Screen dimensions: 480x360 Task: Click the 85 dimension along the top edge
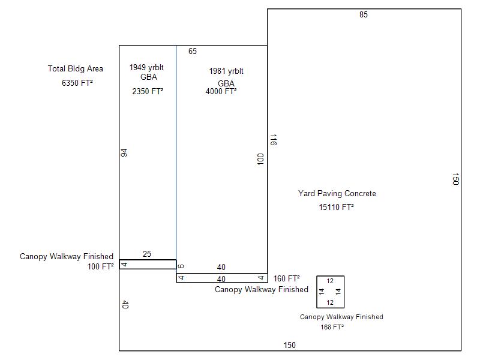(364, 14)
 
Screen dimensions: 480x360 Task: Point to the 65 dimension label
(193, 51)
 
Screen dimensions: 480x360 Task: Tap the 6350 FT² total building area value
(77, 83)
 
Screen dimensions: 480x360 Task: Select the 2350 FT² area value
(148, 91)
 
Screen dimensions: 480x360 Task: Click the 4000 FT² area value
(221, 91)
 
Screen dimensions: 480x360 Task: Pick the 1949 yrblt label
(146, 67)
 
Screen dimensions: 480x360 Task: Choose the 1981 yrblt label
(226, 71)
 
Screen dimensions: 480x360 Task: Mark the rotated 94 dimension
(124, 153)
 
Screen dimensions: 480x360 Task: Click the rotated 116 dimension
(274, 140)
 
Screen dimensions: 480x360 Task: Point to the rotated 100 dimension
(260, 159)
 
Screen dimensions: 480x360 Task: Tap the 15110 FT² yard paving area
(336, 207)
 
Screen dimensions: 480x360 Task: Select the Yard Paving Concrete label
(337, 193)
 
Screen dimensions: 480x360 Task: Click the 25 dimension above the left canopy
(147, 254)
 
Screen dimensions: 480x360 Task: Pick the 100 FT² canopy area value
(100, 266)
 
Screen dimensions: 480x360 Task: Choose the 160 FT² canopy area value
(287, 278)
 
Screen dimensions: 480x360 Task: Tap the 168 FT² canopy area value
(332, 327)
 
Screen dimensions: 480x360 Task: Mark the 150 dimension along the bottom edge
(290, 345)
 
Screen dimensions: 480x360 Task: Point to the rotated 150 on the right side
(455, 179)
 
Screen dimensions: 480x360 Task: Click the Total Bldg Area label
(76, 68)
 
